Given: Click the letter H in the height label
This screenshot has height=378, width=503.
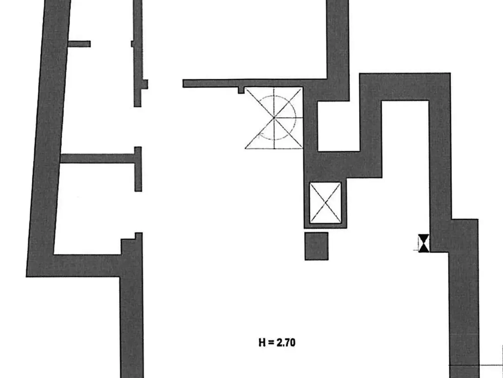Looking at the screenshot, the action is (x=262, y=343).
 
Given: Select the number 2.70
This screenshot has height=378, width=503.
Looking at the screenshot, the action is (x=286, y=343).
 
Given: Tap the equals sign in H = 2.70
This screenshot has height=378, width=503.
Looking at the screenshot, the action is (x=271, y=343).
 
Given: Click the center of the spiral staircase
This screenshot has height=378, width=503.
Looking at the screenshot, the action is (x=274, y=118).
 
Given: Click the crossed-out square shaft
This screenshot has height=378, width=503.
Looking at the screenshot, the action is (x=325, y=203).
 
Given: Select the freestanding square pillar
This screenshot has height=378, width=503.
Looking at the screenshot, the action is (x=316, y=246).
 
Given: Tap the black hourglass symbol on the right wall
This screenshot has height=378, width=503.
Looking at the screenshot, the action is (x=424, y=243).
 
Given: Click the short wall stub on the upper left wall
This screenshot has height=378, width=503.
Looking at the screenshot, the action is (x=79, y=44).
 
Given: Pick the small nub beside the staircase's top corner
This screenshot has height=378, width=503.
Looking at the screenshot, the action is (x=241, y=91).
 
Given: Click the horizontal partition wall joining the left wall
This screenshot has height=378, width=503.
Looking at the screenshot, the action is (x=97, y=159).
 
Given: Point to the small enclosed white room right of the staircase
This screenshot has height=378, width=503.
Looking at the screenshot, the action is (x=338, y=126).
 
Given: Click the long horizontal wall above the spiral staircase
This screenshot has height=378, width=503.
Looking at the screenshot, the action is (x=255, y=83).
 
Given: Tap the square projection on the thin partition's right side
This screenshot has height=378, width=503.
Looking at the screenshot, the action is (x=145, y=84).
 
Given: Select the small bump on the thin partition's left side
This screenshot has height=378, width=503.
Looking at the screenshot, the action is (x=132, y=44).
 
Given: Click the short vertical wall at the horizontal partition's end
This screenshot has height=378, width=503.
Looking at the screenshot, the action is (x=138, y=169).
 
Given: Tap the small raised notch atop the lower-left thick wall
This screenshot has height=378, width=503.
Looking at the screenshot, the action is (x=139, y=236).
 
